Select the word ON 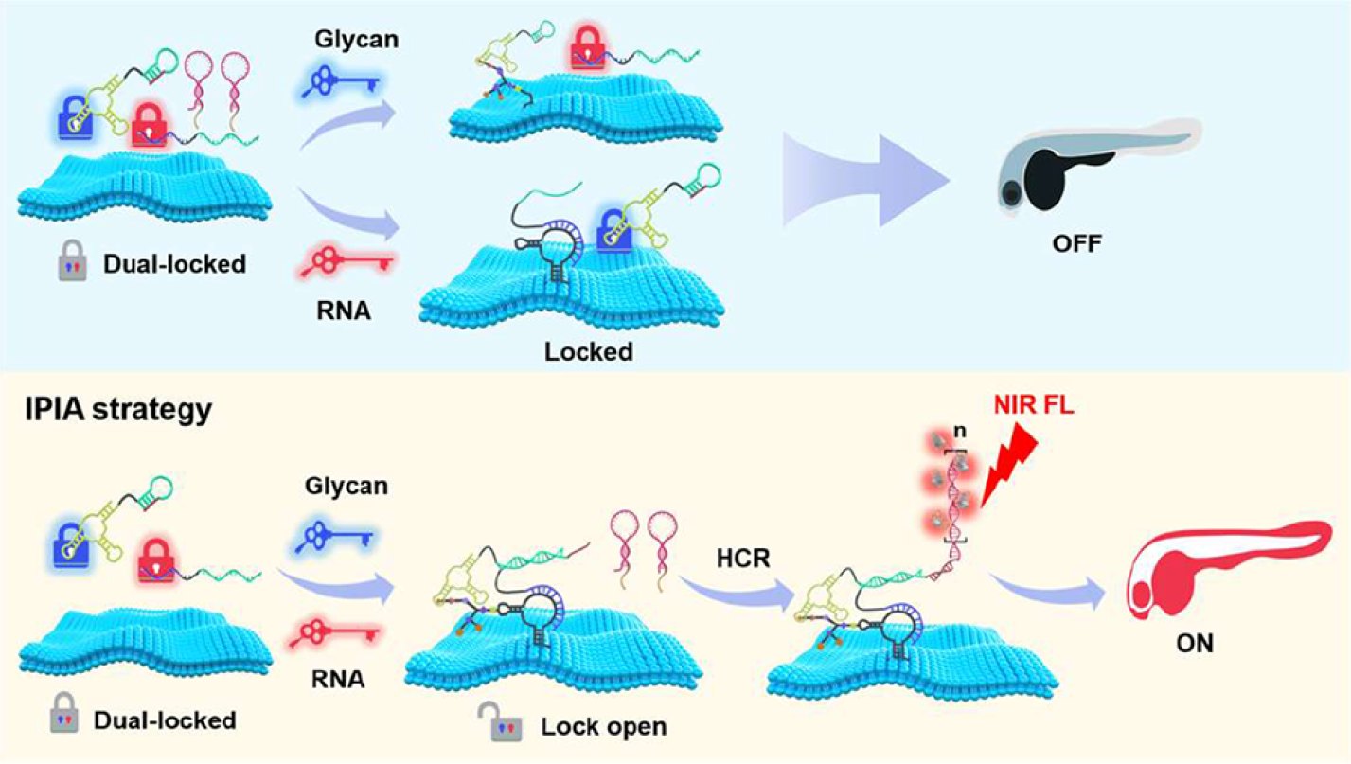(x=1194, y=644)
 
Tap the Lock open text (x=604, y=728)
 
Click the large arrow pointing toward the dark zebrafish (x=866, y=176)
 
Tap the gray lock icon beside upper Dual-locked (x=72, y=265)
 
